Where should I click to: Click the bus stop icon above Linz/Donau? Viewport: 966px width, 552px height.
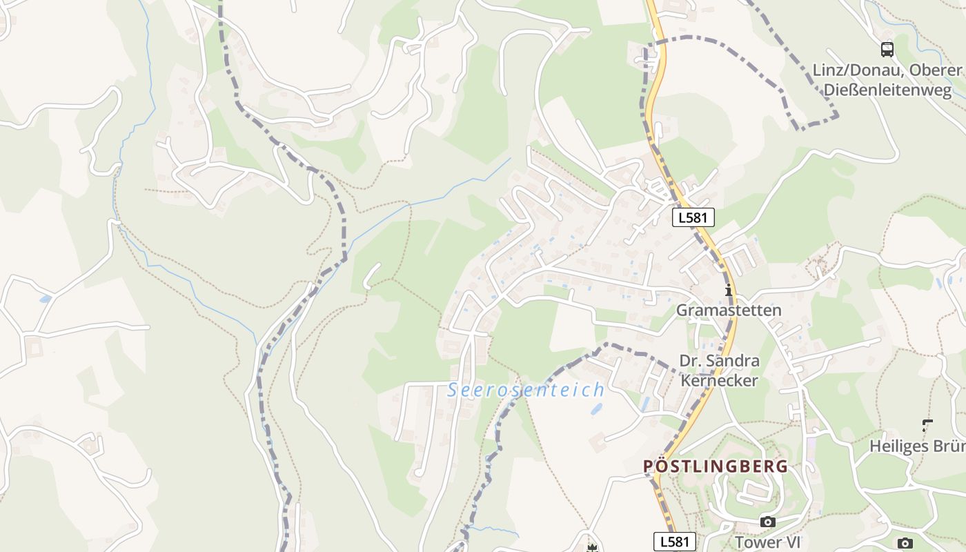pos(887,50)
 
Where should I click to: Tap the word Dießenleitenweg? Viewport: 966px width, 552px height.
pos(887,90)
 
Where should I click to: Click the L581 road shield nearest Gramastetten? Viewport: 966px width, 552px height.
pos(693,217)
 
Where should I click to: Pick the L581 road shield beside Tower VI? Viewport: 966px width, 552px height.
pos(674,542)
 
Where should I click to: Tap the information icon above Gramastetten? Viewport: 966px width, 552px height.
pos(728,290)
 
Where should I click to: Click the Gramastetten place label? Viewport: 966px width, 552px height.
pos(728,310)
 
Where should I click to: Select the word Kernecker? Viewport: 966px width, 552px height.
pos(719,380)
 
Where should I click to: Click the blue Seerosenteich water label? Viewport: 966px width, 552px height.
pos(526,390)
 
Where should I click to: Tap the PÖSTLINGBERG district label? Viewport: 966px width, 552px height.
pos(715,466)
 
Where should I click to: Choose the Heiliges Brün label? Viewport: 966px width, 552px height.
pos(917,446)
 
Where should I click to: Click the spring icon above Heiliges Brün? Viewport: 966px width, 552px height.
pos(927,426)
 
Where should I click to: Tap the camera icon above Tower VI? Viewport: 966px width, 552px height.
pos(767,522)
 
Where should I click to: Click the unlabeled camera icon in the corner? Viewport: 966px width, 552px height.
pos(905,544)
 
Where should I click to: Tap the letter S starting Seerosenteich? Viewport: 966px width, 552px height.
pos(453,390)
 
